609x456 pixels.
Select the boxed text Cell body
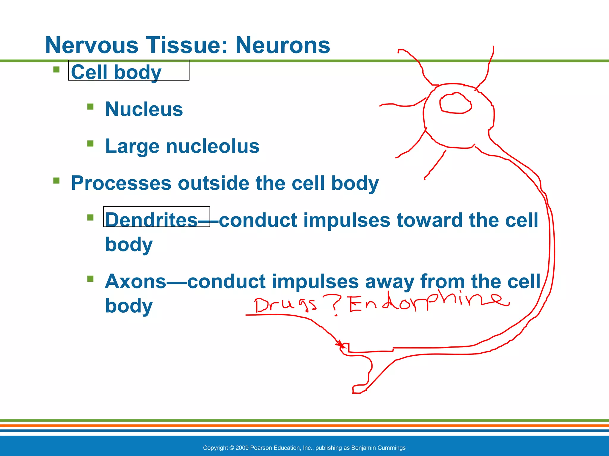[116, 72]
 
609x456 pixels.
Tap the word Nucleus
[144, 109]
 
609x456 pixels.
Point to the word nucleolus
[212, 146]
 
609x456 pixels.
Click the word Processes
[121, 183]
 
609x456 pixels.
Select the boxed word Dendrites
[151, 220]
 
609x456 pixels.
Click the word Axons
[135, 281]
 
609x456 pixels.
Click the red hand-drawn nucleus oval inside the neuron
[455, 103]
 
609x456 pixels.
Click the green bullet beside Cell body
[56, 69]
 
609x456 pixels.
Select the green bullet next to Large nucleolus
[90, 144]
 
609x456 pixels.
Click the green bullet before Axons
[90, 279]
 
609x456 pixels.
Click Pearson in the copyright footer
[261, 448]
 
